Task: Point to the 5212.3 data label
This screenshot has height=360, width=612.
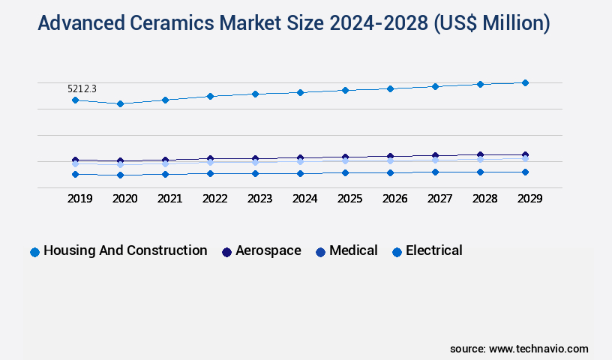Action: pos(82,88)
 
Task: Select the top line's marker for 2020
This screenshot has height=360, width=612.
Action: pos(120,103)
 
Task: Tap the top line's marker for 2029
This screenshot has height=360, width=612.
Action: pos(525,82)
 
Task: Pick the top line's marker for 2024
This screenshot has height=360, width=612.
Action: pos(300,92)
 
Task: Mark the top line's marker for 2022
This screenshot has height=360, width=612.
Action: pos(210,96)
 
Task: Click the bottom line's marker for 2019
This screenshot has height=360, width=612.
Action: pos(75,174)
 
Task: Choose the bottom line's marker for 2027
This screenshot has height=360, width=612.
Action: pos(435,172)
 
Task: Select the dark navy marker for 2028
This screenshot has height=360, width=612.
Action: pos(480,155)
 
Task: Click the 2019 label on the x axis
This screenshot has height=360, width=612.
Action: pos(79,199)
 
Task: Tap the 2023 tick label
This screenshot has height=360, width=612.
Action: pos(259,199)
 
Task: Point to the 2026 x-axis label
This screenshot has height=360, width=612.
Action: pos(394,199)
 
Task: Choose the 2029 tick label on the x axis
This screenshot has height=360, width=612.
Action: pos(529,199)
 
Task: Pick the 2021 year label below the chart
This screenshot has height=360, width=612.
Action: pos(169,199)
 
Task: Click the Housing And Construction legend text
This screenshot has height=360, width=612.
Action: pos(125,250)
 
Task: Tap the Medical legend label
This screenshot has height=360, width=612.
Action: pos(353,250)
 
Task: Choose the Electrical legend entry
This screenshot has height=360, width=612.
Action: pos(433,250)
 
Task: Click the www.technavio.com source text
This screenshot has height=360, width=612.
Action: pos(538,349)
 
